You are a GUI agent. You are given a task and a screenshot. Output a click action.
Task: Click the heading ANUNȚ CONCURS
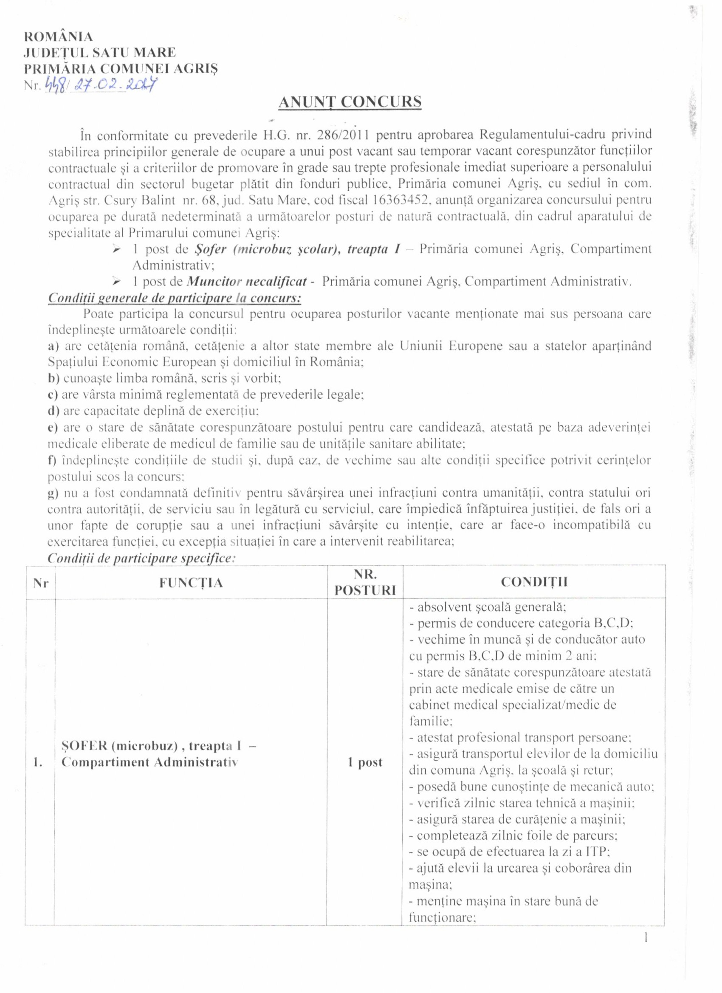coord(350,102)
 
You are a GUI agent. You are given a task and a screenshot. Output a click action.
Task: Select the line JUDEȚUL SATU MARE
coord(100,53)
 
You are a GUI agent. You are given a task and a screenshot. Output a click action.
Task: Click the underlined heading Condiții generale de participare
coord(174,298)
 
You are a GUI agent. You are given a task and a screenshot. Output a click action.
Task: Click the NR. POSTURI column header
coord(365,582)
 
